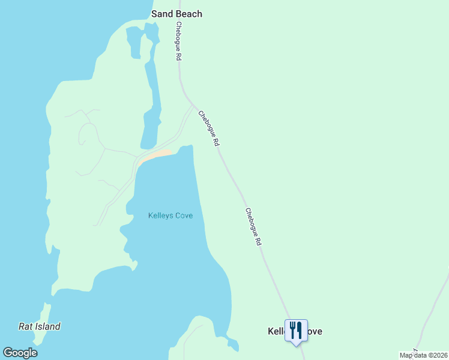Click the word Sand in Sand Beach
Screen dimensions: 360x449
(x=162, y=14)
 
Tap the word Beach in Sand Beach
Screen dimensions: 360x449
(x=188, y=14)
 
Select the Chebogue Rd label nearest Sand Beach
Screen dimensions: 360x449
(x=178, y=41)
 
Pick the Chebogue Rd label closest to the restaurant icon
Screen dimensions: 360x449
(x=253, y=226)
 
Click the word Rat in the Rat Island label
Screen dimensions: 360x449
(x=26, y=327)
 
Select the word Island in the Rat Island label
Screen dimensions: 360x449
(x=47, y=327)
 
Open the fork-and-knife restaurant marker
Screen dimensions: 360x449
(x=296, y=330)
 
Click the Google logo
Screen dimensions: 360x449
(x=20, y=353)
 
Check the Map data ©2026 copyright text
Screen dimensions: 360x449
(x=423, y=355)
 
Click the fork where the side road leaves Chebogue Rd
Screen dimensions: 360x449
(x=193, y=105)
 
